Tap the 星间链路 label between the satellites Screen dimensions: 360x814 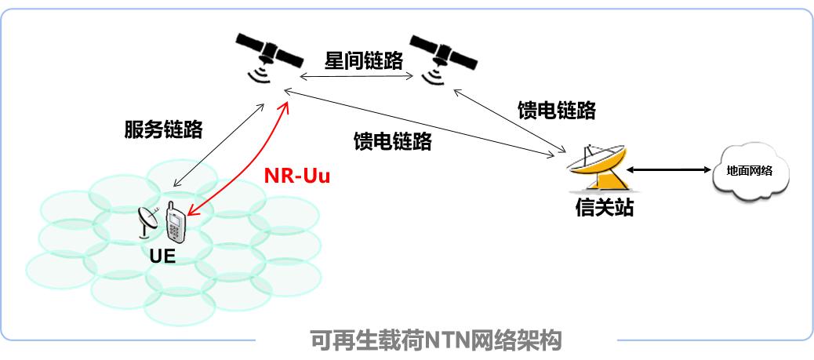click(363, 61)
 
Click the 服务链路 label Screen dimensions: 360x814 click(163, 129)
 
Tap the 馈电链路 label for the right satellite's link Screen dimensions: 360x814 click(556, 111)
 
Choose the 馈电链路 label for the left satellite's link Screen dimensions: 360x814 click(392, 141)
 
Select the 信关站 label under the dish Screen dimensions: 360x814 click(603, 209)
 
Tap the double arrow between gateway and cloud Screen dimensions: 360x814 click(667, 169)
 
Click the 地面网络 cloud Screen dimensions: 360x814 click(750, 170)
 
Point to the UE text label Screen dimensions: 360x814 click(163, 256)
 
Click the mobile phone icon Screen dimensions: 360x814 click(176, 224)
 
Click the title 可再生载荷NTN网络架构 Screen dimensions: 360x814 click(437, 341)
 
